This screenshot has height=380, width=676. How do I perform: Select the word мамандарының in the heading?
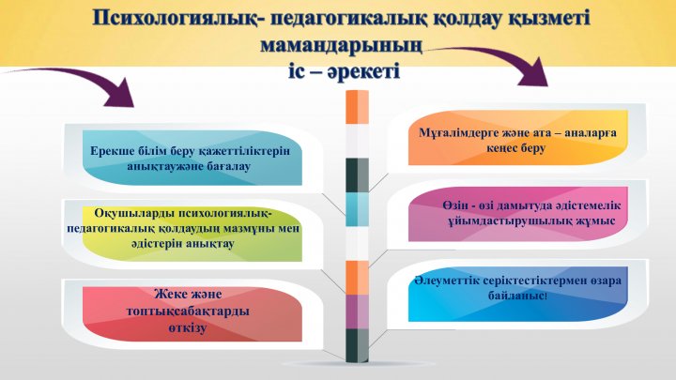(x=342, y=45)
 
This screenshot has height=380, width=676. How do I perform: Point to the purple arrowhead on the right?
(x=533, y=71)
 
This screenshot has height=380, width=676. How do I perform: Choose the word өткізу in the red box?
(x=188, y=327)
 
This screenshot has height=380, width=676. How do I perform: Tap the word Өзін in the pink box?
(x=454, y=205)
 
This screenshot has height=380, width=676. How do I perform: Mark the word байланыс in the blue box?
(x=516, y=296)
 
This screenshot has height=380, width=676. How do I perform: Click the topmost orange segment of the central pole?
(x=357, y=107)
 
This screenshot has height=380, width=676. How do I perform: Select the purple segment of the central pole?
(x=357, y=312)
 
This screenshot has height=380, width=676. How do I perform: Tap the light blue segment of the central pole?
(x=357, y=209)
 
